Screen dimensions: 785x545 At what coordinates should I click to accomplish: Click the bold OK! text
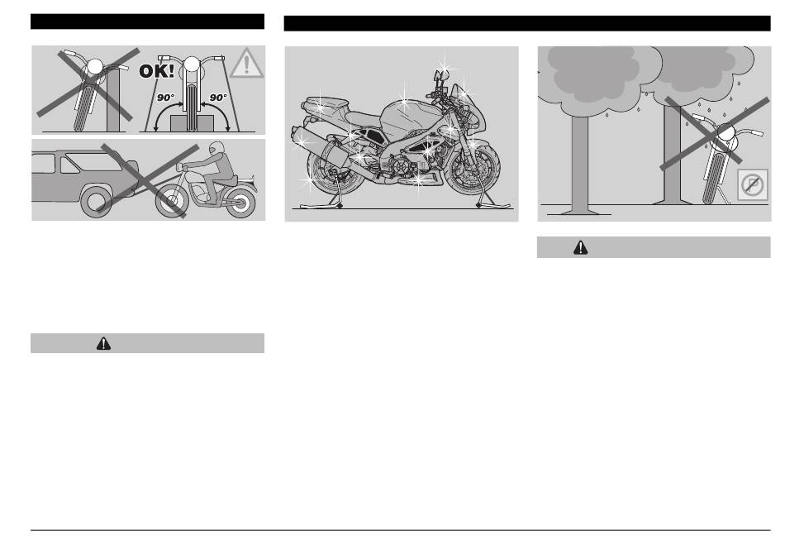click(157, 71)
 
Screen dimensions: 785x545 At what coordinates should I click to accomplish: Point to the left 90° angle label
click(166, 98)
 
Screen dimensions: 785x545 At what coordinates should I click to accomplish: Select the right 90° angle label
click(218, 98)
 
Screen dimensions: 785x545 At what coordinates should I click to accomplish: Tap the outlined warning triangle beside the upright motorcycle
click(245, 63)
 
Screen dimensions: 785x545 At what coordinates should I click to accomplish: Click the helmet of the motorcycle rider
click(216, 148)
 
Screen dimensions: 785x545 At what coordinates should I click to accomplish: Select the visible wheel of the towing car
click(95, 200)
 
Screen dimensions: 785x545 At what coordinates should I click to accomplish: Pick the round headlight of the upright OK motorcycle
click(191, 65)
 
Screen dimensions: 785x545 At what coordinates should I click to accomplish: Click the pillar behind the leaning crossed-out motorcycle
click(113, 100)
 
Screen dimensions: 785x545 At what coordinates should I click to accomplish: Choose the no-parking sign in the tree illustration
click(752, 185)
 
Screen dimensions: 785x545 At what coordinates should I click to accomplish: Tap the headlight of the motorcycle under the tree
click(726, 131)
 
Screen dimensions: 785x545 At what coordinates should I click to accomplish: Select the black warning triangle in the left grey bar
click(103, 343)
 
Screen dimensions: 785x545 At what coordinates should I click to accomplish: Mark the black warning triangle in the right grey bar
click(580, 247)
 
